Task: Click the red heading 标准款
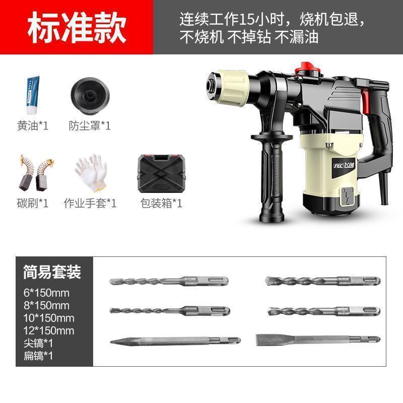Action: coord(77,28)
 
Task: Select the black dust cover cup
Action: coord(90,96)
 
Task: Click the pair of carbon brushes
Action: coord(36,173)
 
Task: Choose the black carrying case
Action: coord(161,174)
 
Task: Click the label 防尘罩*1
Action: coord(90,125)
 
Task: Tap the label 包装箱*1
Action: coord(161,203)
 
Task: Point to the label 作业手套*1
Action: coord(90,203)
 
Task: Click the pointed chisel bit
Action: coord(175,341)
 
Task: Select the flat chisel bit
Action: coord(318,339)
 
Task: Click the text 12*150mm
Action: coord(49,330)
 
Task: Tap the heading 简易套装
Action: coord(52,272)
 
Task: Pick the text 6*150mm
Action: coord(46,293)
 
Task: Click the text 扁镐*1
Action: coord(38,356)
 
